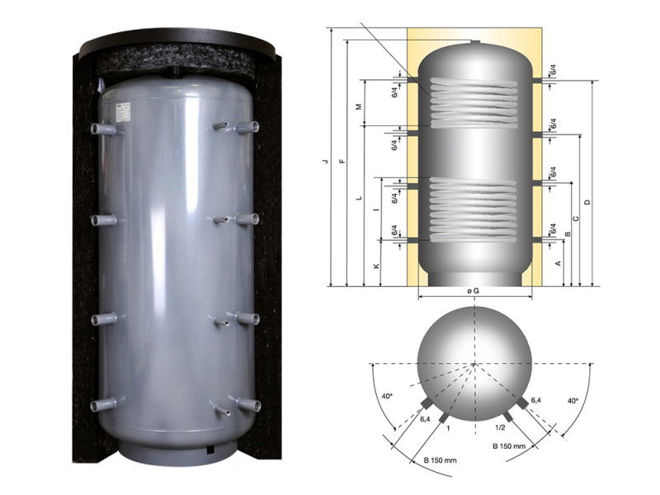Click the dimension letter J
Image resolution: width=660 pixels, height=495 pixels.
coord(325,161)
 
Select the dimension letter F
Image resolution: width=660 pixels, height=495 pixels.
coord(342,161)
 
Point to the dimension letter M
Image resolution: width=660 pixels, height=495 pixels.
coord(359,107)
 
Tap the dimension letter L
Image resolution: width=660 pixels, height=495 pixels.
coord(359,197)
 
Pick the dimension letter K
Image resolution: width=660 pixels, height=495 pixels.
coord(377,266)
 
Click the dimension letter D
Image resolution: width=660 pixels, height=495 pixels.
coord(587,202)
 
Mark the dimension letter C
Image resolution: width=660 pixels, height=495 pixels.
coord(576,218)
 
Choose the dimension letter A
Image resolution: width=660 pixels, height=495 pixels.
coord(559,263)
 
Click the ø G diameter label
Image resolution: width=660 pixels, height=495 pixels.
coord(473,291)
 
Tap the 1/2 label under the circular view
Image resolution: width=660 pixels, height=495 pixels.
coord(500,427)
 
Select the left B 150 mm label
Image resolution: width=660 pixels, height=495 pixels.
coord(440,460)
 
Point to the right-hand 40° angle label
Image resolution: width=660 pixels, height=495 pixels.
coord(573,401)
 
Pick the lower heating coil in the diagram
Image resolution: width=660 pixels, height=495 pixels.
coord(474,210)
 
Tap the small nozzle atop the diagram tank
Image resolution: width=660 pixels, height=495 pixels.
coord(474,42)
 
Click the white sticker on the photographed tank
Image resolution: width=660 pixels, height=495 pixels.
coord(123,112)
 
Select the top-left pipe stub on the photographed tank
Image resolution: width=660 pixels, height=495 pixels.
coord(103,129)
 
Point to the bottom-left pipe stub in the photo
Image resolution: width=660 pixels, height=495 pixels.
coord(102,404)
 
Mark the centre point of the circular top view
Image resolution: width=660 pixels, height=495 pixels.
coord(474,364)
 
